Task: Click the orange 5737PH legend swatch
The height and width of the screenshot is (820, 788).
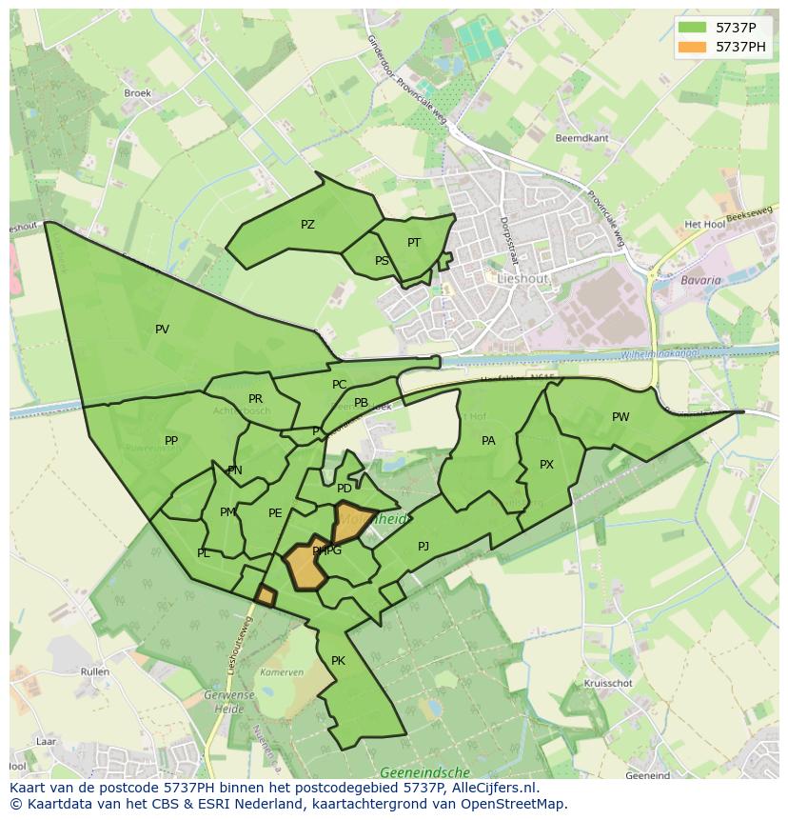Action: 693,47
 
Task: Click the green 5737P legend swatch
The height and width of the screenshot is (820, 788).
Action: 693,28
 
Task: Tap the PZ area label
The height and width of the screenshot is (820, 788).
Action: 307,225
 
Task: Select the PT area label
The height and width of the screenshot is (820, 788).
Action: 414,243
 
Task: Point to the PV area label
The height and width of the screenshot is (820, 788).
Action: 162,330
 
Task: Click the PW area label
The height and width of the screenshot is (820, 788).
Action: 621,417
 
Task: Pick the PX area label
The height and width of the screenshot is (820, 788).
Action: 546,465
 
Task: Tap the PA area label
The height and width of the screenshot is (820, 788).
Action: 488,441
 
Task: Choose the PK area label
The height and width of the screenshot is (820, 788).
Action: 338,661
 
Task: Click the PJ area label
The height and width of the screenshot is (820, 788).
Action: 424,547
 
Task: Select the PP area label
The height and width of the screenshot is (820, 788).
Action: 171,441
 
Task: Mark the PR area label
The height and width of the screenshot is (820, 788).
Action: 255,399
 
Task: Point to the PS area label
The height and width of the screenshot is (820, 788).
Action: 382,261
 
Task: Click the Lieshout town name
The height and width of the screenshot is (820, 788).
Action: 522,278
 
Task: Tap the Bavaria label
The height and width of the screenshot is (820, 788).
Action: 701,281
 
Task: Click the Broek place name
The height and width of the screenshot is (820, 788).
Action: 138,93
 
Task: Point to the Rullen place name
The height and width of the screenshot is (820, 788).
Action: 95,671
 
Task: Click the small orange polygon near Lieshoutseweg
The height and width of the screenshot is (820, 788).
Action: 266,596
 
